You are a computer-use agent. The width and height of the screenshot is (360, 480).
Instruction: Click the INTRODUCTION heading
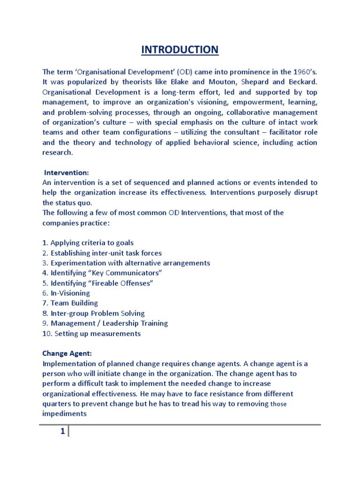[180, 49]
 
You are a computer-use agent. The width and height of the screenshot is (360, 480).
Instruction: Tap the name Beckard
[300, 82]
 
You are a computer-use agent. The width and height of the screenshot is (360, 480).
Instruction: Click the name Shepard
[253, 82]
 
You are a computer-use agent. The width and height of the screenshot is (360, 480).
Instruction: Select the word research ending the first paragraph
[58, 153]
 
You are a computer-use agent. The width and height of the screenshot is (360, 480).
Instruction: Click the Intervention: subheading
[67, 173]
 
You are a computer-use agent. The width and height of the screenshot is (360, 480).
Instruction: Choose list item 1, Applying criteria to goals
[88, 243]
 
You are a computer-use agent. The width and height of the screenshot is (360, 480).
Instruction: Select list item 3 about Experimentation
[126, 263]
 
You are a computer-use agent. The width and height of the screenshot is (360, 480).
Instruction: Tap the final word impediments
[65, 414]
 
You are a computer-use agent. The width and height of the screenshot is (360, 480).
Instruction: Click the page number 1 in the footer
[62, 433]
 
